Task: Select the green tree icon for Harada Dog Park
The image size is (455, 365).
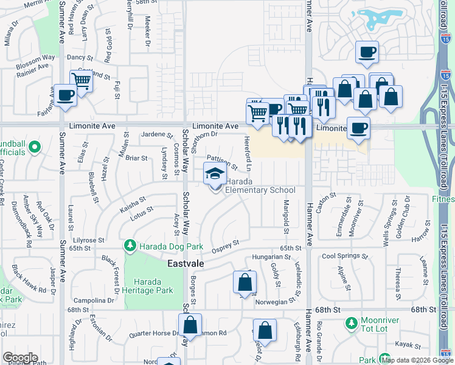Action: tap(130, 246)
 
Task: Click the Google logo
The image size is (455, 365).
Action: tap(20, 358)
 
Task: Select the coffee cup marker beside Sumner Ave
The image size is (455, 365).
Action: tap(65, 95)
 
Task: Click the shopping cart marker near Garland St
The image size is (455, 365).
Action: tap(81, 80)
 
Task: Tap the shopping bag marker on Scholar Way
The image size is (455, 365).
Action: tap(190, 325)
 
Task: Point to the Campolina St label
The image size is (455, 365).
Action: tap(89, 301)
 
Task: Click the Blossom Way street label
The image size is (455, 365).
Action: tap(36, 58)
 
